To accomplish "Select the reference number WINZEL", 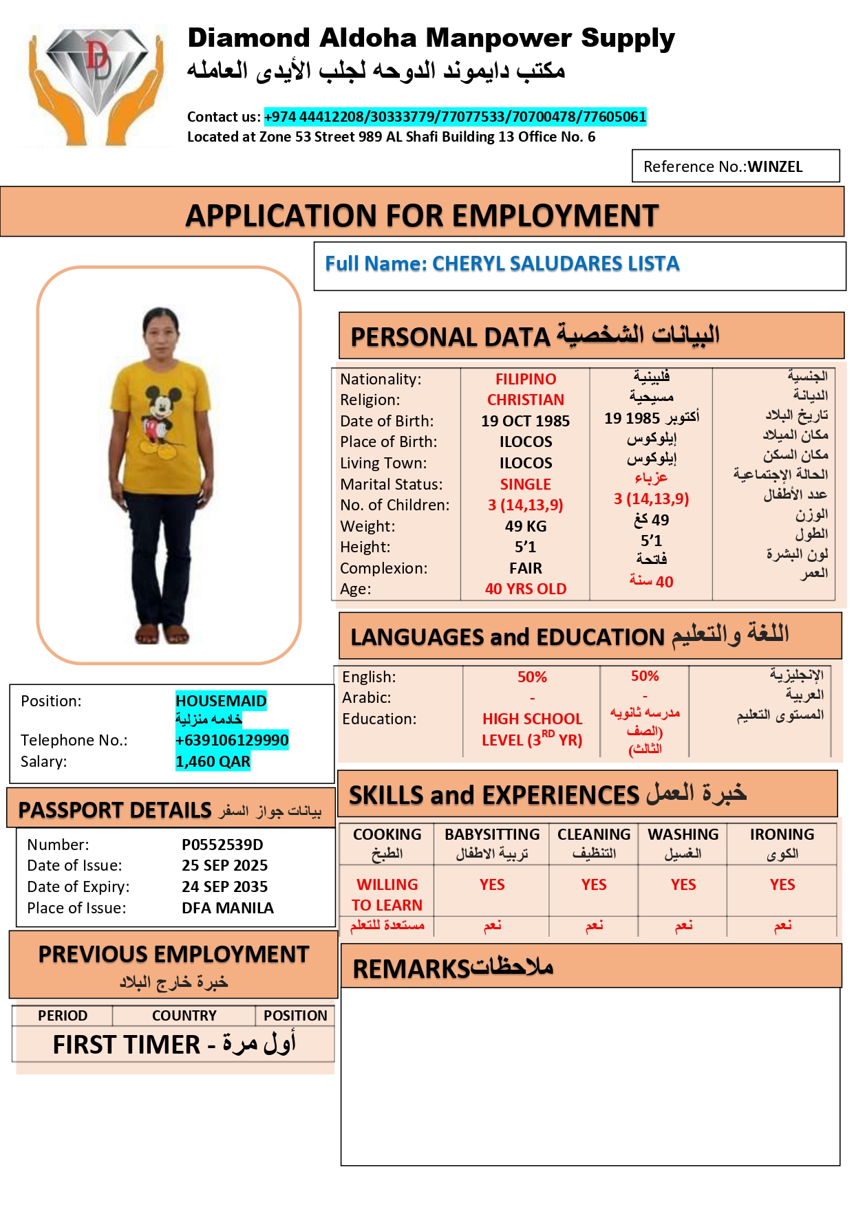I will [775, 167].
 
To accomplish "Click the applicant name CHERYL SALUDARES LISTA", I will [555, 264].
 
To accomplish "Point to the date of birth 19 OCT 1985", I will [525, 421].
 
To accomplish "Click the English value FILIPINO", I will [525, 379].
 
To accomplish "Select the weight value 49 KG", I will [525, 526].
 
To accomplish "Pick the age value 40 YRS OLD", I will [525, 589].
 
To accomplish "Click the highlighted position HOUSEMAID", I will [220, 701].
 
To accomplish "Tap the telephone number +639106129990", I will [231, 740].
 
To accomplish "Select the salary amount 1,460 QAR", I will [213, 761].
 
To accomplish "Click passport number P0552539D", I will [222, 845].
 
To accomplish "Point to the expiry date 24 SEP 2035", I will [224, 887].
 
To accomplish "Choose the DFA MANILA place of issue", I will [227, 908].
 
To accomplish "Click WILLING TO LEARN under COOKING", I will [387, 894].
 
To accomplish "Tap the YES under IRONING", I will [782, 884].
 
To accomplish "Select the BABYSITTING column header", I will [491, 834].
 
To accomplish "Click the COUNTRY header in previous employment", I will [184, 1015].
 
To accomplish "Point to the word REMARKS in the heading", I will [411, 969].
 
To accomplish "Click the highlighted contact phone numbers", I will [455, 117].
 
